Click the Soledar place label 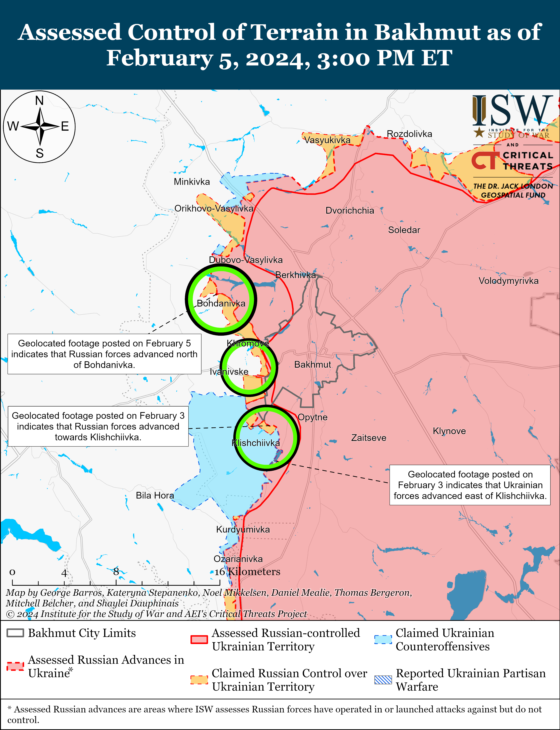point(404,230)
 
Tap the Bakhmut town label point(313,364)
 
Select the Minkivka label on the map point(192,182)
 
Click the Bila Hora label point(155,495)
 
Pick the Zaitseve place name point(369,438)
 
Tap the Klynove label point(449,431)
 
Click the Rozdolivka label point(409,134)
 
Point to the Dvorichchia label point(350,210)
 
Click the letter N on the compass point(39,100)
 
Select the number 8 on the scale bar point(116,572)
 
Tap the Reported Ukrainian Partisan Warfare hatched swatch point(383,680)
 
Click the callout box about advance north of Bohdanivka point(104,354)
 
